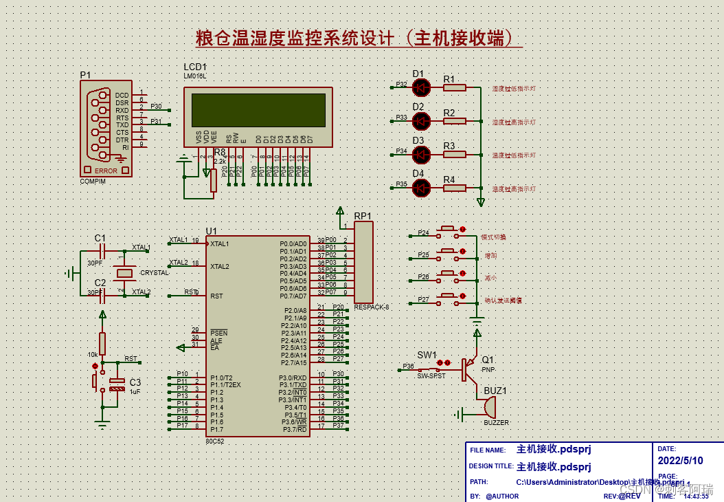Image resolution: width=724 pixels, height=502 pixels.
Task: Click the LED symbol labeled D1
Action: [420, 87]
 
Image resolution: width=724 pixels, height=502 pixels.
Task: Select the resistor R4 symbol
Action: [454, 188]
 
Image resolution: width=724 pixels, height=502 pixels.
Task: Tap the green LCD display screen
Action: [258, 110]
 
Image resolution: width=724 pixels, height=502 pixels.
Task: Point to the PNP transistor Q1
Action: [469, 369]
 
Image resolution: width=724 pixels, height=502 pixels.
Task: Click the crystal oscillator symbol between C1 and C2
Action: [124, 273]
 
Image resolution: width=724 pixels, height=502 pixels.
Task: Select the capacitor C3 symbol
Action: [117, 384]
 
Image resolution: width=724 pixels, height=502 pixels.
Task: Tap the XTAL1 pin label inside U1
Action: [220, 243]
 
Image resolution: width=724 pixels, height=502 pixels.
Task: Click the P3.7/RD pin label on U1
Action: [293, 430]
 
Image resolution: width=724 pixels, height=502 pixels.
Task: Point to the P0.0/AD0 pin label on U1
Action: [293, 243]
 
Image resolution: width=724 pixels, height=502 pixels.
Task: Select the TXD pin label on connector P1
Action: [122, 125]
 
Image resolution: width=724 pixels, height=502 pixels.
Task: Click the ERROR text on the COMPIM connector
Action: [106, 171]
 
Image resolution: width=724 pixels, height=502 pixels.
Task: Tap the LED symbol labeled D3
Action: [420, 154]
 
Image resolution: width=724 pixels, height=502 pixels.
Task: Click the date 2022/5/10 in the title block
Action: [680, 461]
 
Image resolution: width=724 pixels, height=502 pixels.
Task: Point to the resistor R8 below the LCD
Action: [214, 180]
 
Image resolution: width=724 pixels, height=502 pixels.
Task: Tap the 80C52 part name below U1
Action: [214, 441]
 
